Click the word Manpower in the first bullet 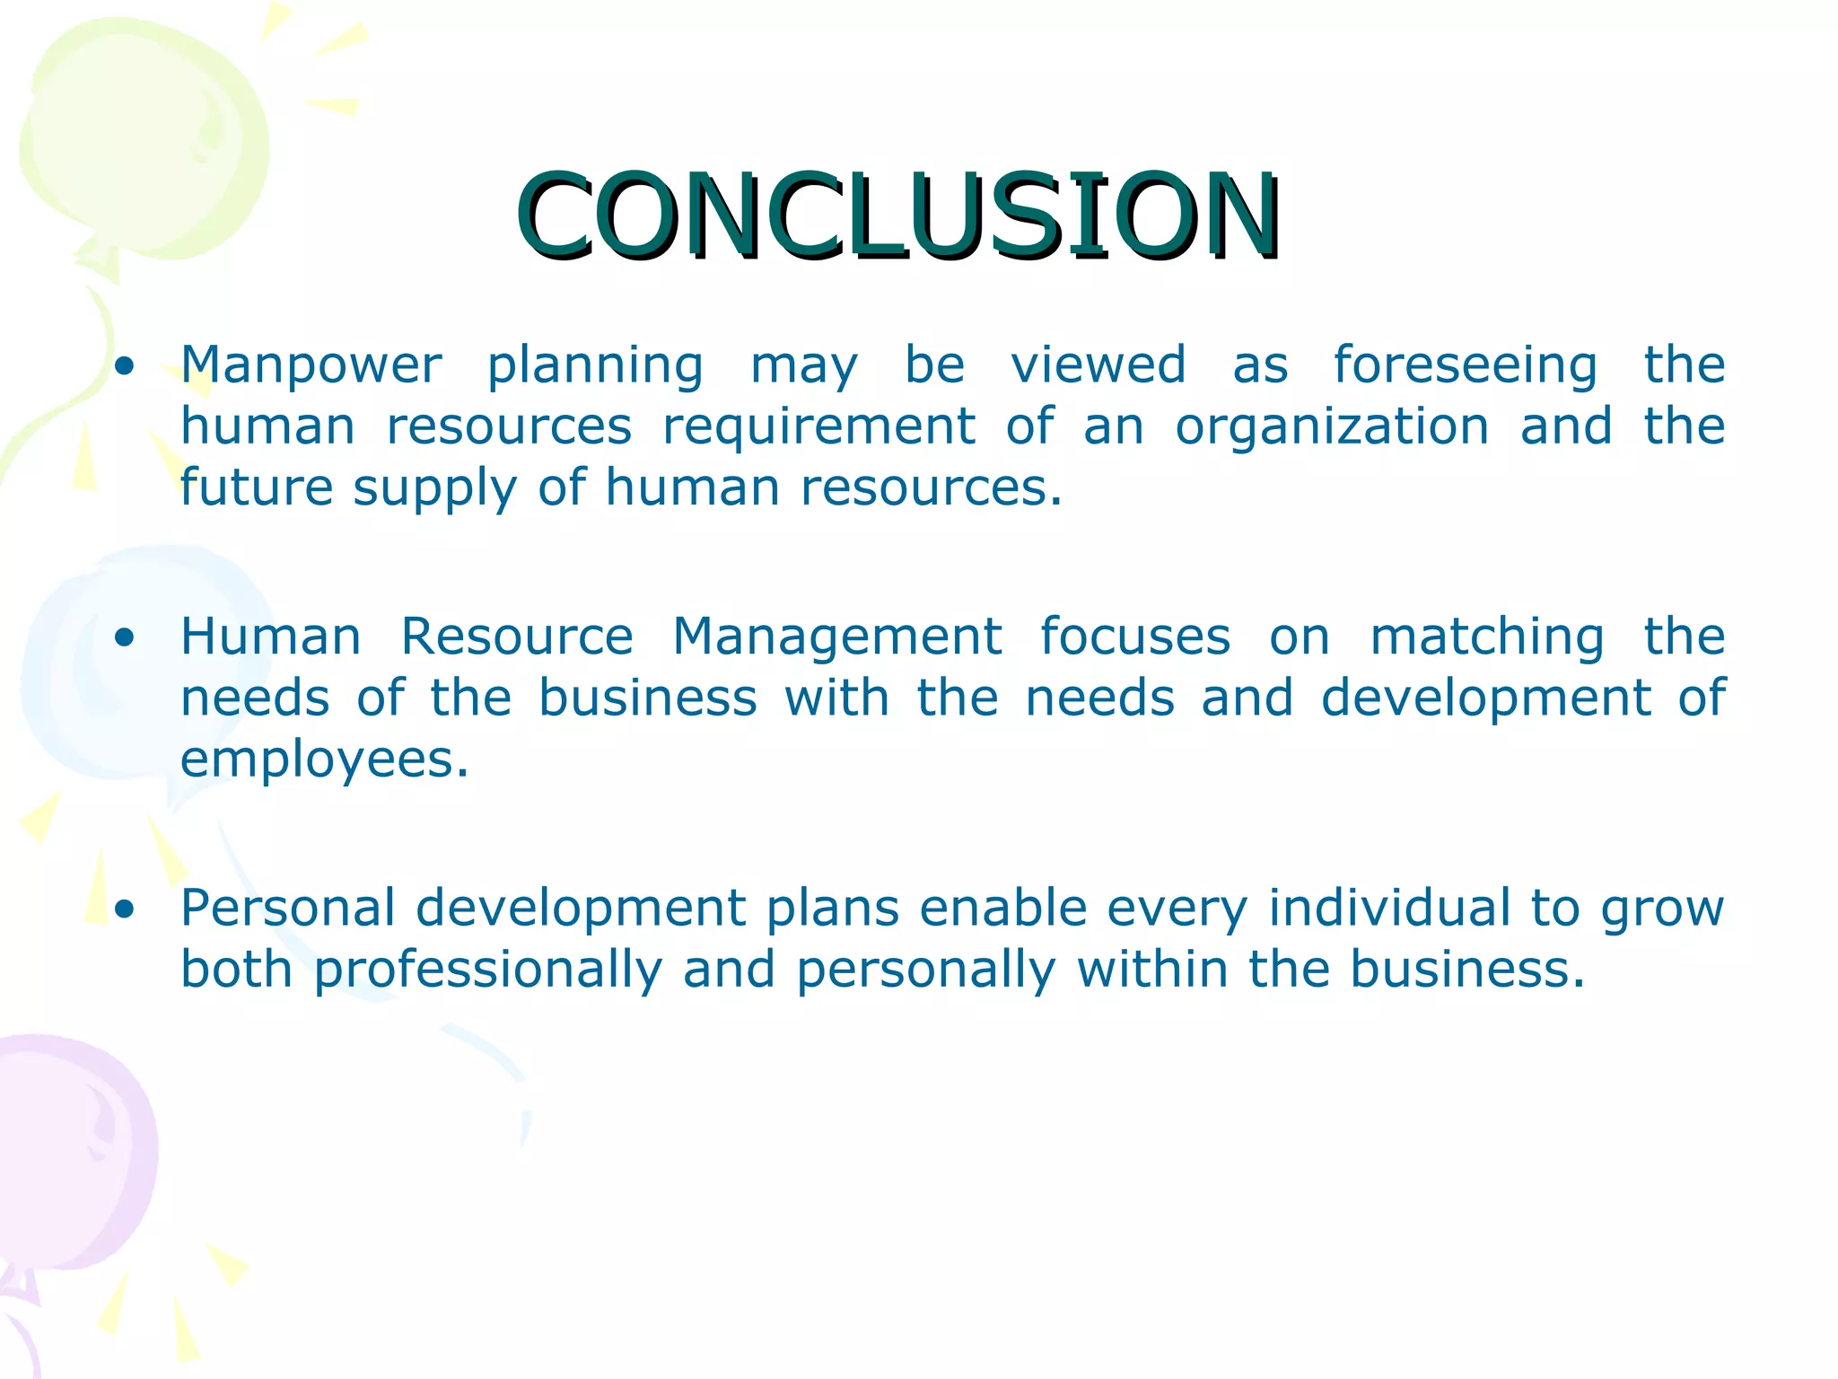click(x=311, y=366)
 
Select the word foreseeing click(x=1465, y=366)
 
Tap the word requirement click(x=818, y=427)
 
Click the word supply click(x=434, y=489)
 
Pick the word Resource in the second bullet click(x=516, y=637)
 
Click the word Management click(x=836, y=637)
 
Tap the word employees click(x=324, y=761)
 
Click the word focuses click(x=1134, y=637)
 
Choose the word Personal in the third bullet click(x=287, y=908)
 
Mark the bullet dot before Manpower click(x=125, y=366)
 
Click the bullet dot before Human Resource click(x=125, y=638)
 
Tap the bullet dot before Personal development click(x=125, y=909)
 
